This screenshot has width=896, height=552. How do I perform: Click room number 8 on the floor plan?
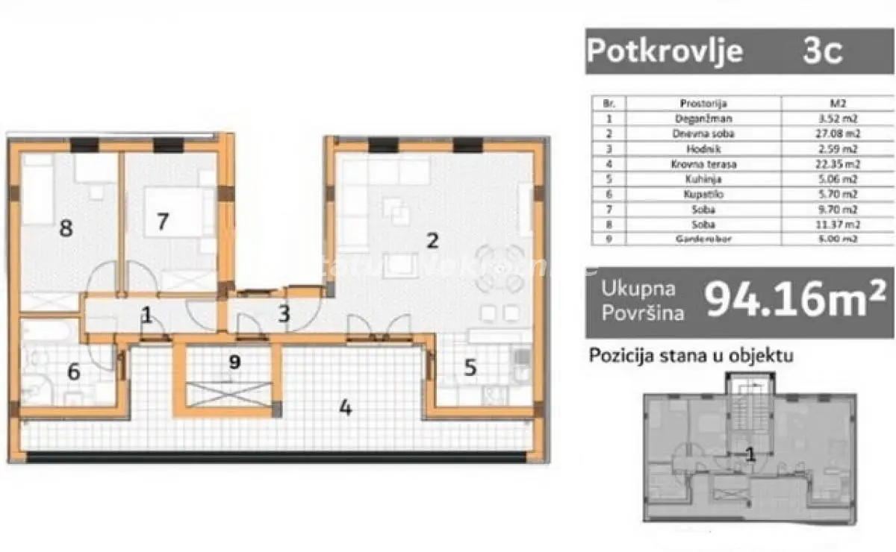[66, 228]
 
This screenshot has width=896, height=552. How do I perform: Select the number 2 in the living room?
[431, 240]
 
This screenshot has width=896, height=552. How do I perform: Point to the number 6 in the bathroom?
[73, 371]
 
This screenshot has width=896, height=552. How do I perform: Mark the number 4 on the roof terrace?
[345, 408]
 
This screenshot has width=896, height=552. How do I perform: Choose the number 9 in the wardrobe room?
[235, 363]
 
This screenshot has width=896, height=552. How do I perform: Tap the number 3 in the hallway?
[284, 314]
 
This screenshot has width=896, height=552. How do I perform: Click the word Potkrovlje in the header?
[665, 51]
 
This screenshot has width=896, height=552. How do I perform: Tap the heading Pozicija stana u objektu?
[691, 355]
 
